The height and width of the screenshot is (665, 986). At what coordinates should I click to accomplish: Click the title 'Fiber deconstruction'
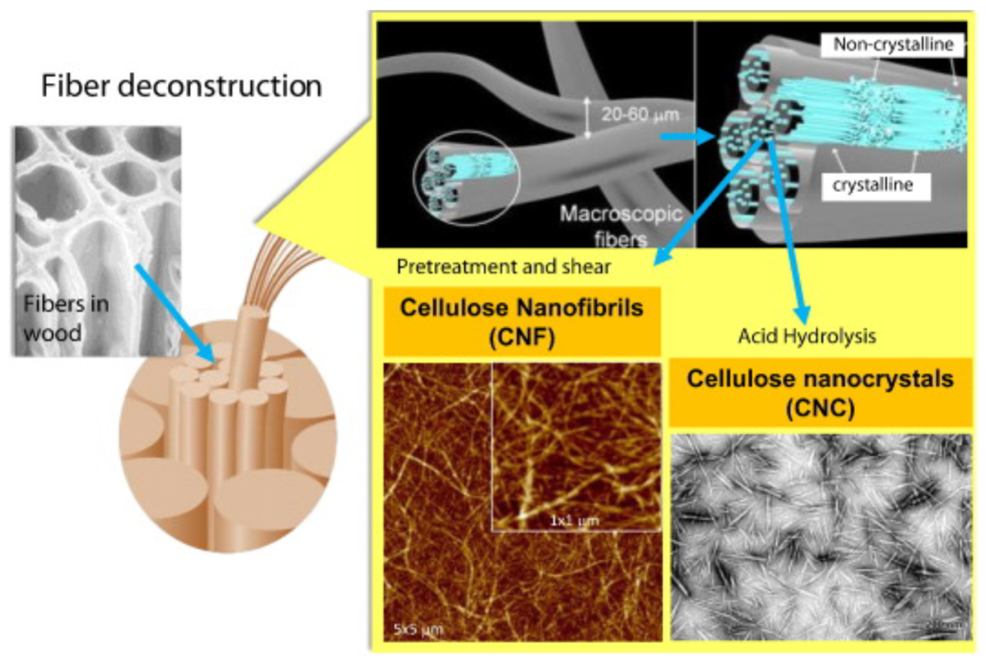pyautogui.click(x=181, y=86)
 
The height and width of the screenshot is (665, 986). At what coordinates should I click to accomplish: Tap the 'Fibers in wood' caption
pyautogui.click(x=66, y=318)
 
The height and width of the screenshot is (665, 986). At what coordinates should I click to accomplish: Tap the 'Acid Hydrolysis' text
pyautogui.click(x=807, y=336)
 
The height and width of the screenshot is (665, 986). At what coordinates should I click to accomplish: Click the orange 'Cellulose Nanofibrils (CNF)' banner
pyautogui.click(x=521, y=321)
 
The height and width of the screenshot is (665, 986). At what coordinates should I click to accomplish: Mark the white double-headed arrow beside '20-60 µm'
pyautogui.click(x=587, y=117)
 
